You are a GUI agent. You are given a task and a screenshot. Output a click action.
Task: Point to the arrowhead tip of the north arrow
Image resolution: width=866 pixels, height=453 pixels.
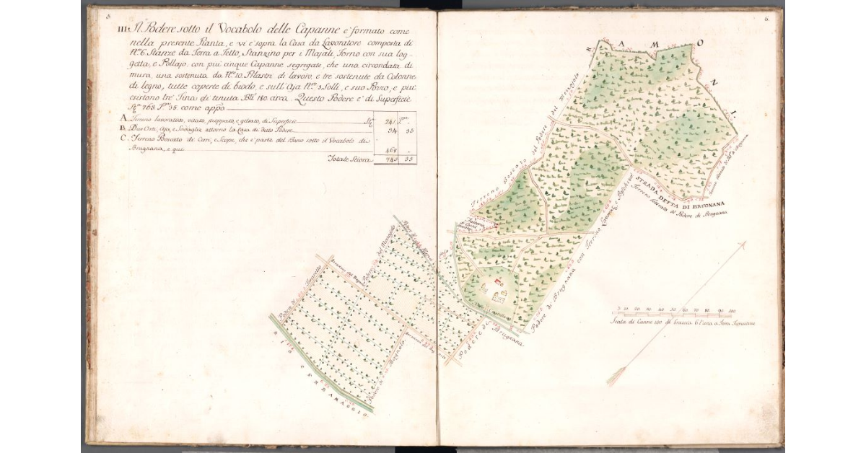click(x=744, y=244)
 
